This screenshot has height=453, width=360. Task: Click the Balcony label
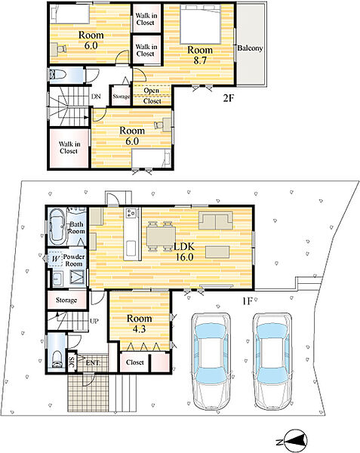pyautogui.click(x=250, y=48)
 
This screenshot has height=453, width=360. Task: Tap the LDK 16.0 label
pyautogui.click(x=184, y=251)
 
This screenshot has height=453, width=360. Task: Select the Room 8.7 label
pyautogui.click(x=200, y=54)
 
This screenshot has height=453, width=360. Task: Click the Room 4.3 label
pyautogui.click(x=139, y=323)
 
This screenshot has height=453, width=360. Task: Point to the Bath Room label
pyautogui.click(x=76, y=228)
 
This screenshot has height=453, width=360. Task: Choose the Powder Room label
pyautogui.click(x=74, y=260)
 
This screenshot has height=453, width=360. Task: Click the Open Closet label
pyautogui.click(x=152, y=96)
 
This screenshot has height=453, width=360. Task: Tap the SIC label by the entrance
pyautogui.click(x=72, y=362)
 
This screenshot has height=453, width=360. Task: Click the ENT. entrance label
pyautogui.click(x=93, y=362)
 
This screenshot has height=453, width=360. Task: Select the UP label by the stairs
pyautogui.click(x=94, y=321)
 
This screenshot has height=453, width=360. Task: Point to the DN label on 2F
pyautogui.click(x=96, y=97)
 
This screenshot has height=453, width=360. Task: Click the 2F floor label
pyautogui.click(x=228, y=98)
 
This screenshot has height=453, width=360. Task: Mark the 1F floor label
pyautogui.click(x=248, y=301)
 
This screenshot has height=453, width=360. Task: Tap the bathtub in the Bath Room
pyautogui.click(x=57, y=226)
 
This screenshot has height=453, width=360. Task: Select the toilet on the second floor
pyautogui.click(x=57, y=75)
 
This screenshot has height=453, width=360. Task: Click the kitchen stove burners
pyautogui.click(x=131, y=213)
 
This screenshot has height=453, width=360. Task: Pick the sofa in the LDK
pyautogui.click(x=215, y=220)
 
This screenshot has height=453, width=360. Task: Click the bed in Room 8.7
pyautogui.click(x=201, y=23)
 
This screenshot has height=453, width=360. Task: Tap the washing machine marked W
pyautogui.click(x=55, y=258)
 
